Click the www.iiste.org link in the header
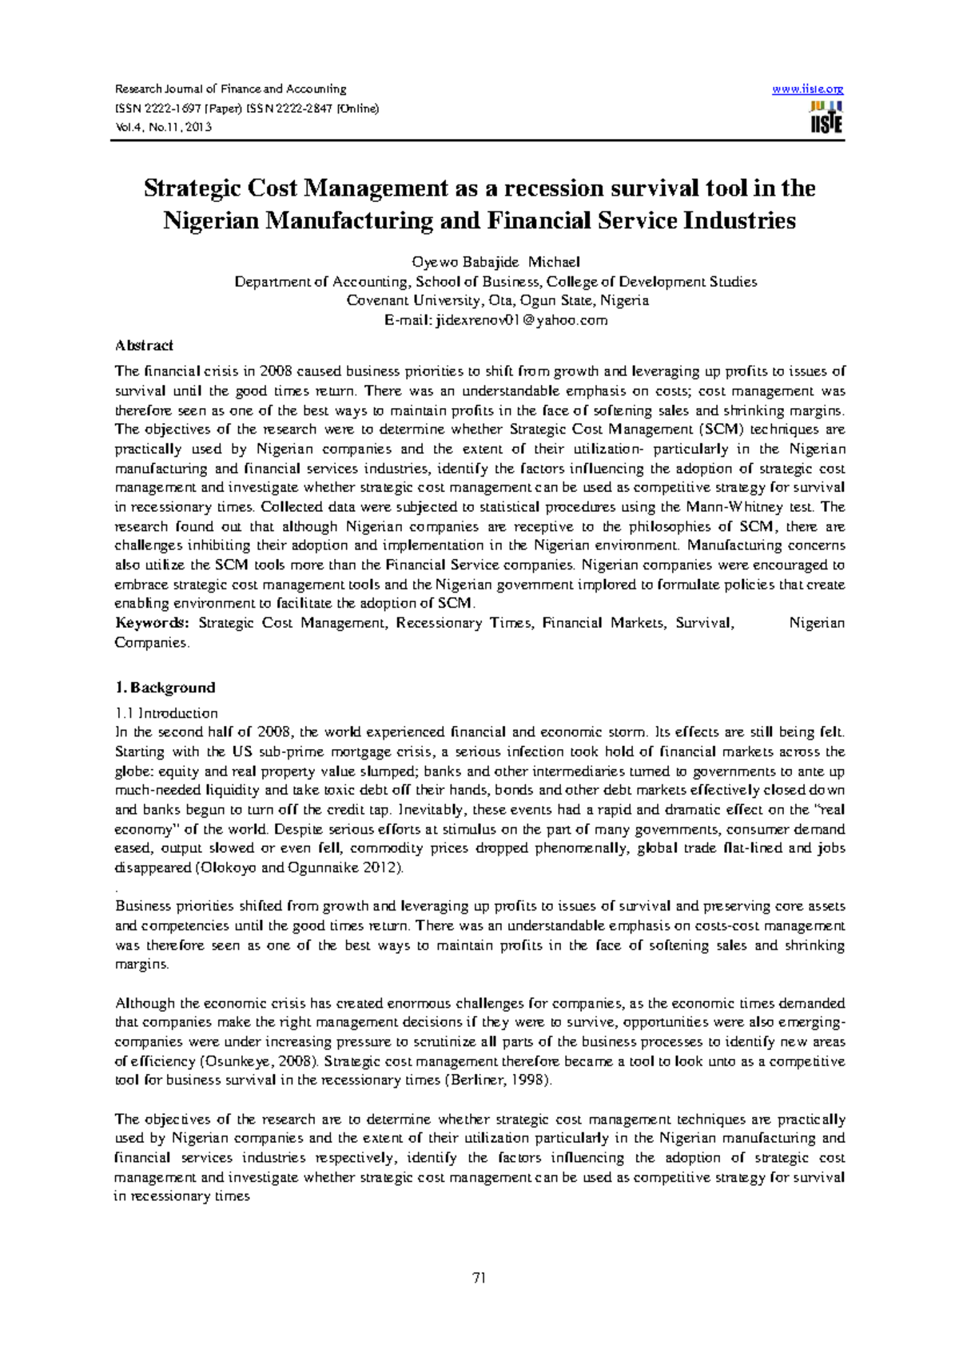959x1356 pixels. pos(807,89)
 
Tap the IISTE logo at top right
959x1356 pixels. pos(826,117)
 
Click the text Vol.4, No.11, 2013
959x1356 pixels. pos(163,127)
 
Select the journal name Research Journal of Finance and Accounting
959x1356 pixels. pos(231,89)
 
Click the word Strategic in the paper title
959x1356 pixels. pos(186,188)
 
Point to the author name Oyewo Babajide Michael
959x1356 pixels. pos(495,262)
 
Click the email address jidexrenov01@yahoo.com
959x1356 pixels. pos(519,320)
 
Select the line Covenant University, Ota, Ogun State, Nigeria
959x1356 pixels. pos(497,301)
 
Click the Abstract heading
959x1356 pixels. pos(144,346)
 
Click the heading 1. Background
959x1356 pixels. pos(165,688)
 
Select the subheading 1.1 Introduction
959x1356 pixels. pos(166,713)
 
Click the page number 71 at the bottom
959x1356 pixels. pos(479,1278)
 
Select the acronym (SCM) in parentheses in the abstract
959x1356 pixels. pos(716,430)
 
